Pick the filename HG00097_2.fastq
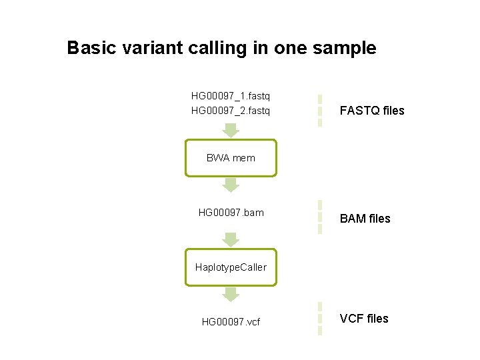point(231,110)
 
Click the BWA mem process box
point(231,158)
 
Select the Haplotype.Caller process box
point(231,267)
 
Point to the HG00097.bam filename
point(231,213)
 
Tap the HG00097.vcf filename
point(231,322)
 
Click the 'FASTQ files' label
point(372,111)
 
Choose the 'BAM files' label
point(365,219)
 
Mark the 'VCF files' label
point(364,319)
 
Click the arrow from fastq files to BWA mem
point(231,129)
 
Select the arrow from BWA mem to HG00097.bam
point(231,185)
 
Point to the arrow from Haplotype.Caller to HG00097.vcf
point(231,294)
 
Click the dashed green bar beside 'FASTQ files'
point(320,110)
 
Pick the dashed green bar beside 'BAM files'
point(320,217)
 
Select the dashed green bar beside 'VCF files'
point(320,319)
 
